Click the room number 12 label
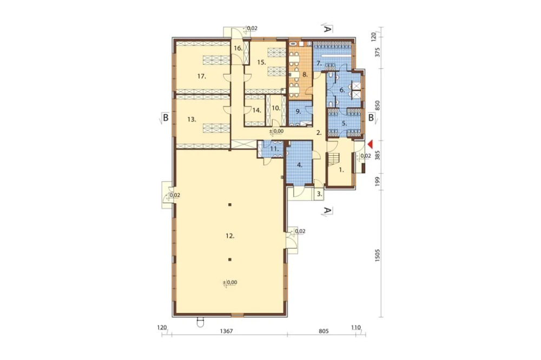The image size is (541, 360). pos(230,236)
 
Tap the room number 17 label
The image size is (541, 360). pos(202,77)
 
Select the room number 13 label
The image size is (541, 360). pos(192,119)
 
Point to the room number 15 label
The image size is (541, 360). pos(261,62)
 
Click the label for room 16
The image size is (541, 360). pos(238,48)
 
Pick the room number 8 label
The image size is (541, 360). pos(305,74)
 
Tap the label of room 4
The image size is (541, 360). pos(300,165)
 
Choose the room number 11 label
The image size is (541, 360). pos(274,149)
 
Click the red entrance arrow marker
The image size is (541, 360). pos(370,144)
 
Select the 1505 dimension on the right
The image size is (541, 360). pos(377,255)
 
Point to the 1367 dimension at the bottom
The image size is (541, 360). pos(226,331)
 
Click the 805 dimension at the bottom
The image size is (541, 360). pos(324,331)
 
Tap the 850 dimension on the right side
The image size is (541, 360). pos(377,105)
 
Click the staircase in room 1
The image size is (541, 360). pos(334,159)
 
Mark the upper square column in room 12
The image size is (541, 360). pos(230,205)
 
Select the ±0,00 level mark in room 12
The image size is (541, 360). pos(230,283)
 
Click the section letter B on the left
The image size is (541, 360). pos(166,118)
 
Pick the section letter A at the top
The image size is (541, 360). pos(328,29)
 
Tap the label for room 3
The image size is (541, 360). pos(320,194)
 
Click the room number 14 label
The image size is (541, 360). pos(256,111)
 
